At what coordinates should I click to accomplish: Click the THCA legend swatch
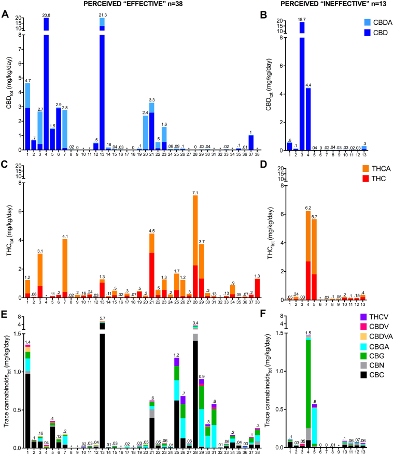coord(354,168)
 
